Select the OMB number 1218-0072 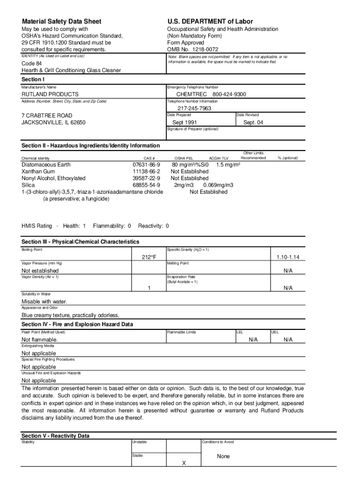[193, 50]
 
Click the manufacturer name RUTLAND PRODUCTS [50, 94]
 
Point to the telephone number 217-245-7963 [194, 109]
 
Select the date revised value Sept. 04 [253, 123]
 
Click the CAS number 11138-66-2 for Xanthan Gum [146, 172]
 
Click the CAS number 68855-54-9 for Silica [146, 185]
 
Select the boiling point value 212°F [149, 257]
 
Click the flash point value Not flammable [40, 340]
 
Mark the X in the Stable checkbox [184, 463]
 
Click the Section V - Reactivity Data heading [55, 436]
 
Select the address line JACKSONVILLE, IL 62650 [53, 123]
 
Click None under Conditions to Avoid [223, 457]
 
